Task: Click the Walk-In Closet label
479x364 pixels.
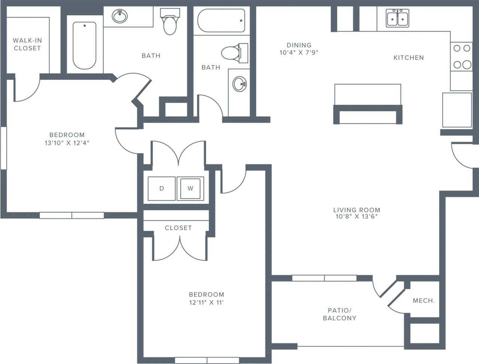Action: (x=27, y=44)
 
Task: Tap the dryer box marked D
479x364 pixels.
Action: (x=162, y=189)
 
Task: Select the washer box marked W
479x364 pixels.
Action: (x=190, y=189)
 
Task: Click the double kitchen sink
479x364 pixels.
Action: (x=397, y=18)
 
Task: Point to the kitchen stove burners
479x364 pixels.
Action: (x=462, y=57)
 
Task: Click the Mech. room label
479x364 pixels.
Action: (x=424, y=301)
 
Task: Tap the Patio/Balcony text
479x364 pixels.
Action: (x=339, y=314)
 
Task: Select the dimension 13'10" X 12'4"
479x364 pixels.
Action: (x=67, y=143)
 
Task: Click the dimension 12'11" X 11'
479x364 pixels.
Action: (x=206, y=303)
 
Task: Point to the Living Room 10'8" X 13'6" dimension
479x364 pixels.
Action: (x=357, y=216)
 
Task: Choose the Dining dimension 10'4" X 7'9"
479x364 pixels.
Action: (x=299, y=52)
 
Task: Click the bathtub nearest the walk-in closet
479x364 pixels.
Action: (x=85, y=45)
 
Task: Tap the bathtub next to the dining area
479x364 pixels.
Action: (x=221, y=21)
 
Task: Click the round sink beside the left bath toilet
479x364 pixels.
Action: (x=120, y=16)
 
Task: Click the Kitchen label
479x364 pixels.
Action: (x=409, y=58)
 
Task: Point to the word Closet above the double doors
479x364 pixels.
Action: (x=178, y=228)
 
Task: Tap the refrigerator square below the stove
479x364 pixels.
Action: (x=457, y=110)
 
